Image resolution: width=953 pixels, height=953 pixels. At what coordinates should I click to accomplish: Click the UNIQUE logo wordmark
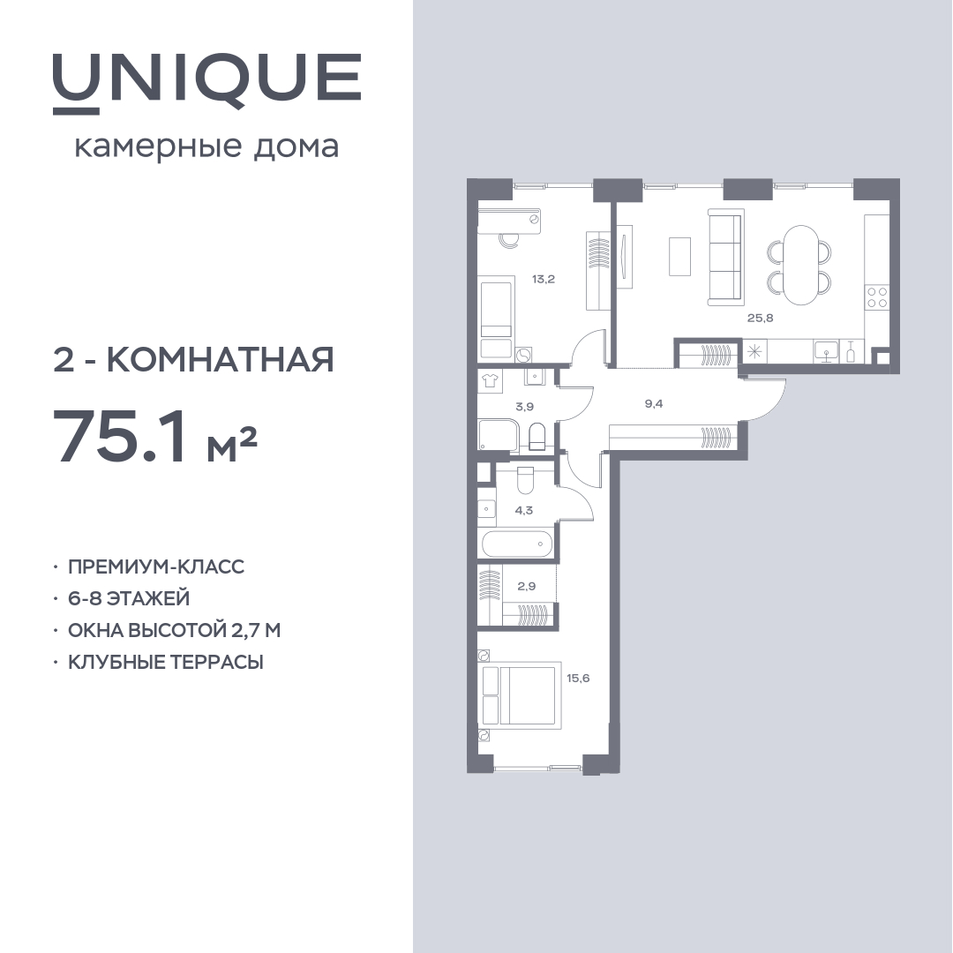206,82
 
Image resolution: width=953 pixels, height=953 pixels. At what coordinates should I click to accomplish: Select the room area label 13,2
544,280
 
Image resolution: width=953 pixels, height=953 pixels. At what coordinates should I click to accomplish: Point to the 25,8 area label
760,318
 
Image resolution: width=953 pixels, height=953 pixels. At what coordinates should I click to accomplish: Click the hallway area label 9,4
653,403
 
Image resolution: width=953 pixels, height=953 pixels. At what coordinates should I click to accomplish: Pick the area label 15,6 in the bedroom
578,679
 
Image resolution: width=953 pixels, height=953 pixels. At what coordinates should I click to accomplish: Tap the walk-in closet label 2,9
526,587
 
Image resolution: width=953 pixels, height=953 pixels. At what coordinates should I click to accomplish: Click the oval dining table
799,265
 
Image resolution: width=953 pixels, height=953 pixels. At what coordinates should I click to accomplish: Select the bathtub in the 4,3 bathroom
517,544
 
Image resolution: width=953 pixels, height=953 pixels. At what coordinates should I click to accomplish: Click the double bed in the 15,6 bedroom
519,696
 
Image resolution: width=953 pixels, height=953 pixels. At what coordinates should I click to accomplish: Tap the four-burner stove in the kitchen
876,296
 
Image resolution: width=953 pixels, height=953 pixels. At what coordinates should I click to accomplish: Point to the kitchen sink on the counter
826,351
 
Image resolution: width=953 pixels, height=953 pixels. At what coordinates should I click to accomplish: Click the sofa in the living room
725,257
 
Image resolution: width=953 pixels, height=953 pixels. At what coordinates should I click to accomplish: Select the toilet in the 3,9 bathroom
537,436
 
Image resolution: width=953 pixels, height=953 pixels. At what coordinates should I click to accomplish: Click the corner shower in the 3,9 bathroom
498,435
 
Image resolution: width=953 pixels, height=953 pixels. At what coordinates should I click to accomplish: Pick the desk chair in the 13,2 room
508,240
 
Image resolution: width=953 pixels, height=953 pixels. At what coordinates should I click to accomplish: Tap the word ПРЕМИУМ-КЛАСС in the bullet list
155,567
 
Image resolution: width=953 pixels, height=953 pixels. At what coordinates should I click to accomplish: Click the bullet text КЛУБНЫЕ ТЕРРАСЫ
165,662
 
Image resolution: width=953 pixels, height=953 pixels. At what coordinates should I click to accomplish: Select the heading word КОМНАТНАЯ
221,359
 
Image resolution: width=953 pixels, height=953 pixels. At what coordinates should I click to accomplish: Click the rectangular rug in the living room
680,256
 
